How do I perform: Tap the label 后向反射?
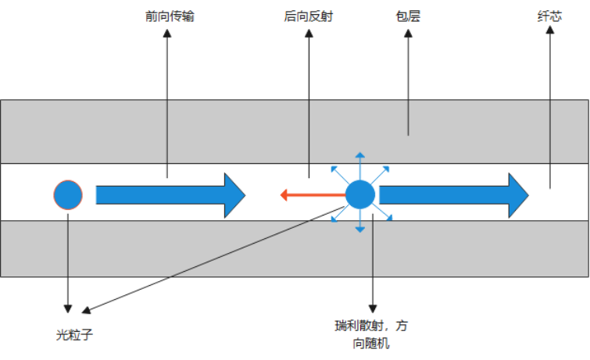(309, 16)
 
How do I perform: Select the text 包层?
(408, 16)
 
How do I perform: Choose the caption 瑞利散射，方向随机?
(373, 333)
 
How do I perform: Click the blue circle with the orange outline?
(68, 194)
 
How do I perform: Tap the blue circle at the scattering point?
(360, 194)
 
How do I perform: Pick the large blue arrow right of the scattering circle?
(453, 195)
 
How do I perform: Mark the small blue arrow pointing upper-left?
(338, 172)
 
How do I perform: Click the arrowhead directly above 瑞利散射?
(373, 308)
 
